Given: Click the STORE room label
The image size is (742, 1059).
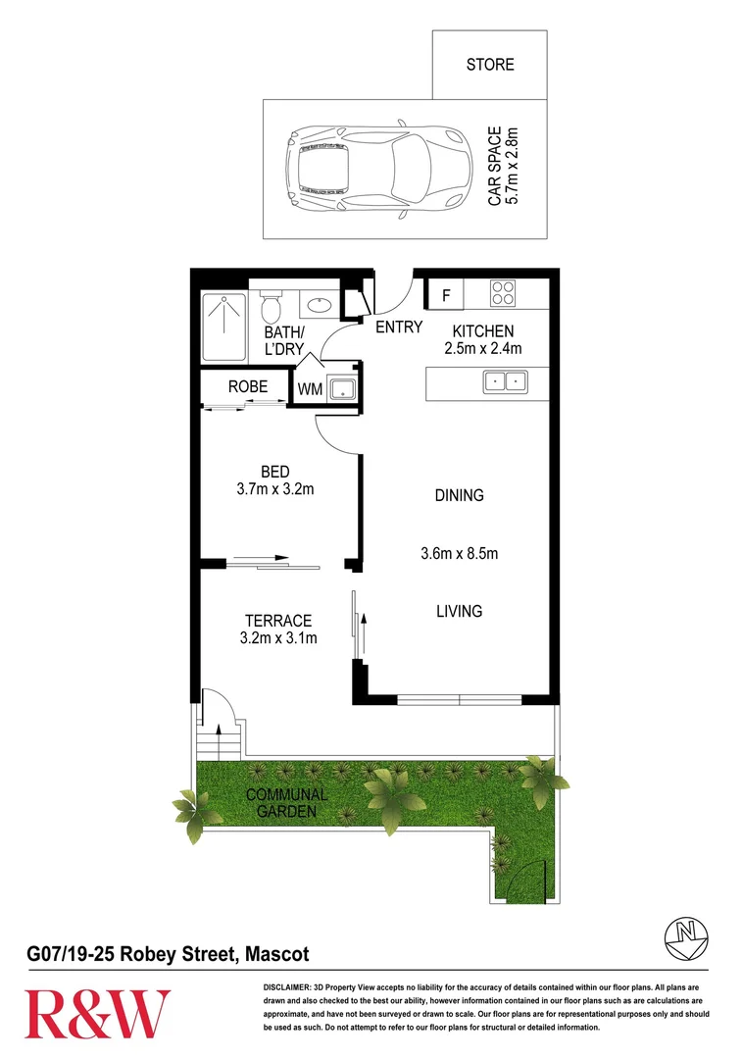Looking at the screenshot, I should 489,65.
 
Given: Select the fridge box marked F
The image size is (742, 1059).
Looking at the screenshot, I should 446,294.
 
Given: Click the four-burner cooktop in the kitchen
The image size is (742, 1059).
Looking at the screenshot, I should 503,293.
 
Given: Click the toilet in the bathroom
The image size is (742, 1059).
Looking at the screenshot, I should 272,306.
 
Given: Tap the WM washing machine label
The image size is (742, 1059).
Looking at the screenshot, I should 310,388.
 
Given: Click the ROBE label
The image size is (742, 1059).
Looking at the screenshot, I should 248,386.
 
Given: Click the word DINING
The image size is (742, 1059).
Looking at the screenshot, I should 460,495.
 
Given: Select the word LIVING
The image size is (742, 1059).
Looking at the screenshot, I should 460,611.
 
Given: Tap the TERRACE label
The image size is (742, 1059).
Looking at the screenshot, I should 278,621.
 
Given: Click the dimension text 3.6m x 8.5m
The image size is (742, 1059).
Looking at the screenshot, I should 460,554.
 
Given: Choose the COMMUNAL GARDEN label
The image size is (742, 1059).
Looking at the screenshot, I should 287,803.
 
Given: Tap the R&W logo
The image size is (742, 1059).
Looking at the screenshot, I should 97,1013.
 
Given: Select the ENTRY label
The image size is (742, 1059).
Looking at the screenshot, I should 399,328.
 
